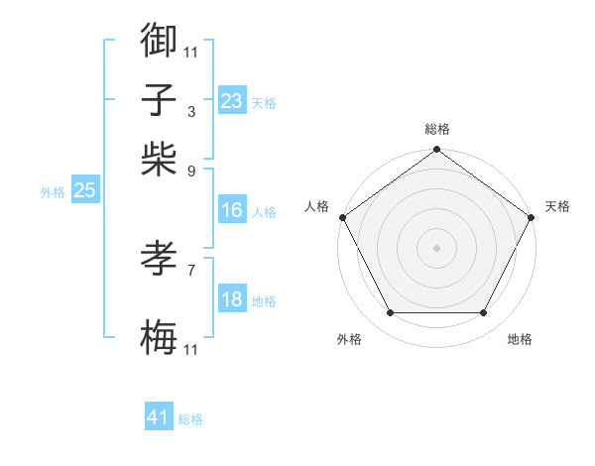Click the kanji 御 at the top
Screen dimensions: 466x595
tap(159, 41)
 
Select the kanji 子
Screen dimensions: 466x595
tap(159, 100)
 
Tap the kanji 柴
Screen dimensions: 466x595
tap(159, 159)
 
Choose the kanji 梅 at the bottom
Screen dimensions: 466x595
tap(159, 338)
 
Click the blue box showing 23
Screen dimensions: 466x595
tap(232, 100)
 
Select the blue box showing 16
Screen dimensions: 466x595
tap(232, 210)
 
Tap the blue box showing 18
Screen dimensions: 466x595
tap(232, 300)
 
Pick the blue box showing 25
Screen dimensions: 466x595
tap(84, 190)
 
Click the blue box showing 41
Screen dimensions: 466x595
tap(159, 417)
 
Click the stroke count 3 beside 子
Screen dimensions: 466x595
tap(191, 111)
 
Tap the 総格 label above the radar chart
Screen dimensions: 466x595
tap(437, 129)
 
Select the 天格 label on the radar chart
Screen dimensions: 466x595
tap(557, 206)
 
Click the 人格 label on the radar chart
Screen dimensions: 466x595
tap(317, 206)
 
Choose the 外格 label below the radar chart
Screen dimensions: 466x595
tap(349, 340)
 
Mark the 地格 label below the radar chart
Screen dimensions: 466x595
tap(520, 340)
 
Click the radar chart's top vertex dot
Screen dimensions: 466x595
tap(437, 151)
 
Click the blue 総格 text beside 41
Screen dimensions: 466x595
tap(190, 419)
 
